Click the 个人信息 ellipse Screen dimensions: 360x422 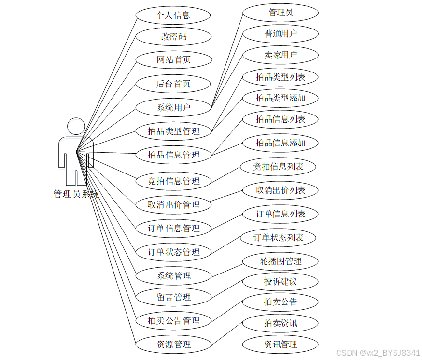coord(173,15)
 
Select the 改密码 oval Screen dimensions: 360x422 coord(173,37)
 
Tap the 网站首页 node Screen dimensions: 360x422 coord(173,60)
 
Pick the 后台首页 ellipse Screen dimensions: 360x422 coord(173,84)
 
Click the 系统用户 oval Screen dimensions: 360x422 coord(173,107)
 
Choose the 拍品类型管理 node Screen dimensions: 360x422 coord(173,131)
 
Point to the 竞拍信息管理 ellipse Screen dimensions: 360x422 coord(173,181)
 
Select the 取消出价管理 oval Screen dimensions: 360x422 coord(173,205)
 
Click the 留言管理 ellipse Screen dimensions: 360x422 coord(173,297)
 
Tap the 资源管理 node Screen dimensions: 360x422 coord(173,345)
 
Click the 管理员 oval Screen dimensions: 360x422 coord(281,13)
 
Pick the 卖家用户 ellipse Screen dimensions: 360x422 coord(281,55)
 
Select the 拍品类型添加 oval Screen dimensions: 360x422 coord(281,98)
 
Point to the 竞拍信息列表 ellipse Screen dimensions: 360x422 coord(279,167)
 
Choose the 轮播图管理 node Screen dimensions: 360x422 coord(281,261)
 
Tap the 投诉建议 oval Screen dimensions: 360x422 coord(281,282)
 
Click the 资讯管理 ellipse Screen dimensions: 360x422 coord(281,345)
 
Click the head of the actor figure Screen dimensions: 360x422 coord(76,126)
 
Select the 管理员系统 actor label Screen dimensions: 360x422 coord(76,194)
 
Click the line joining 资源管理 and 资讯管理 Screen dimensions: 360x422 coord(227,345)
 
